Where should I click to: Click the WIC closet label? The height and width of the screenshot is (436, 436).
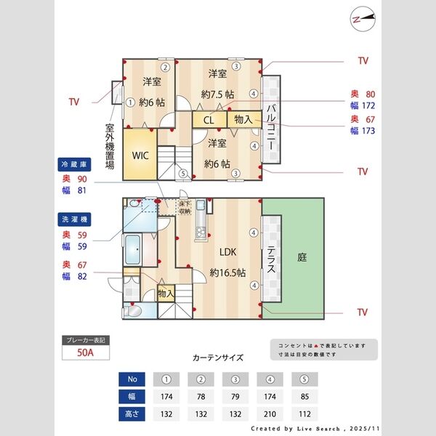coord(140,155)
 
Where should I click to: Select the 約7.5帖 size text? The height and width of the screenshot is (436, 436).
coord(217,94)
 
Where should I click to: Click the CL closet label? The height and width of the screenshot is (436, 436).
coord(209,120)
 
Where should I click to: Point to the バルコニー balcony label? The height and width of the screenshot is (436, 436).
coord(270,127)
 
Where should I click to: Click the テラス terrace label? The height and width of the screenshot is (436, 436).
coord(271,257)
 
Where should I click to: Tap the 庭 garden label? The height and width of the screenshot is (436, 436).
coord(302,257)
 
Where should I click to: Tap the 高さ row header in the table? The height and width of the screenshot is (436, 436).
coord(132,413)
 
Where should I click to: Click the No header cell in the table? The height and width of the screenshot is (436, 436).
coord(132,379)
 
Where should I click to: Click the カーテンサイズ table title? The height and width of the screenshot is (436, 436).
coord(218,358)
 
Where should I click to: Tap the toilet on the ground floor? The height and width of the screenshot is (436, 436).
coord(134,311)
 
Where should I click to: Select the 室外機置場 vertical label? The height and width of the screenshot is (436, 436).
coord(109,145)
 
